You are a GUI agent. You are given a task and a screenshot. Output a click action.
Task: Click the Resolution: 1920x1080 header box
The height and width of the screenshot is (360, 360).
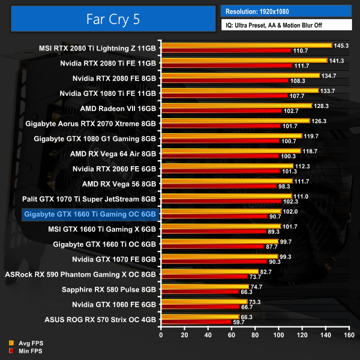click(x=286, y=11)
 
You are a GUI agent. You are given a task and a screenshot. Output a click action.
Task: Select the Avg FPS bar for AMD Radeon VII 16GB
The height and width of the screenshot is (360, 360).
click(x=236, y=106)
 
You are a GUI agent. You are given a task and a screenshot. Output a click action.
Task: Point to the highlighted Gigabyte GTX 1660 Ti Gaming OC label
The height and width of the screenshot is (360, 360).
click(x=89, y=214)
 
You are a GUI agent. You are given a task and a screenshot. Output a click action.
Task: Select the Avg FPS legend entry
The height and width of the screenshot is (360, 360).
click(x=29, y=343)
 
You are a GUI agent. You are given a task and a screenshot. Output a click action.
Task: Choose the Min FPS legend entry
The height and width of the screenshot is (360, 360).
click(x=29, y=350)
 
